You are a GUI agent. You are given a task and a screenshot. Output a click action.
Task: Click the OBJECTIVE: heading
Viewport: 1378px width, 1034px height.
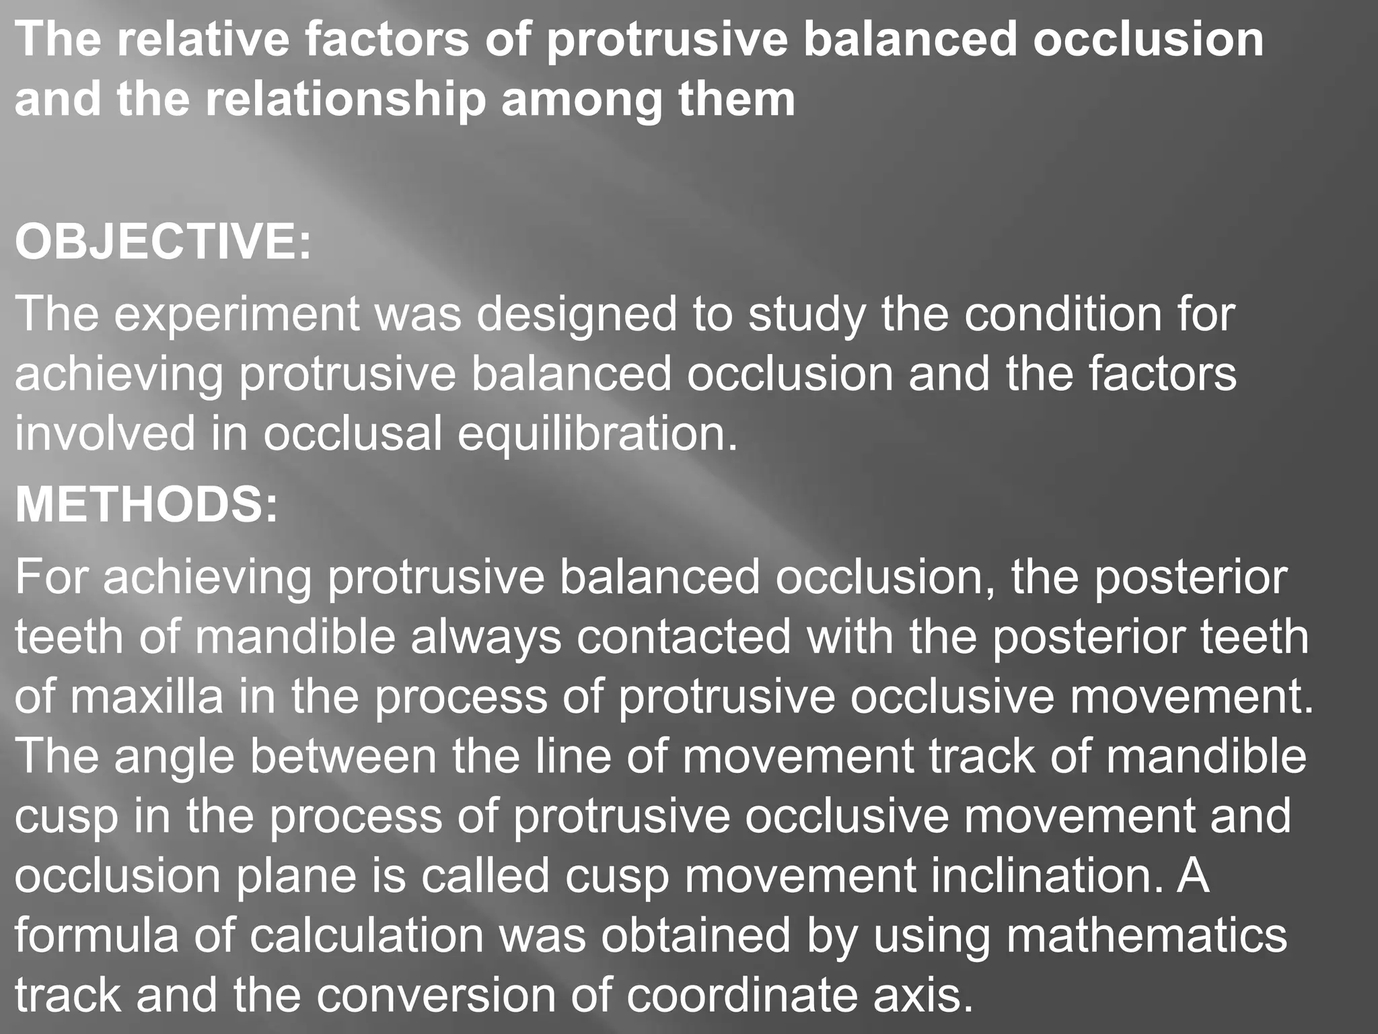pos(164,242)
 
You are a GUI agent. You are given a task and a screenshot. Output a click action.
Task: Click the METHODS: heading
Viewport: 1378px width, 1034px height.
pos(146,505)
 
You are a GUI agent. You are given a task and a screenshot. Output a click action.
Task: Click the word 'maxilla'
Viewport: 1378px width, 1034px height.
pos(147,697)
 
